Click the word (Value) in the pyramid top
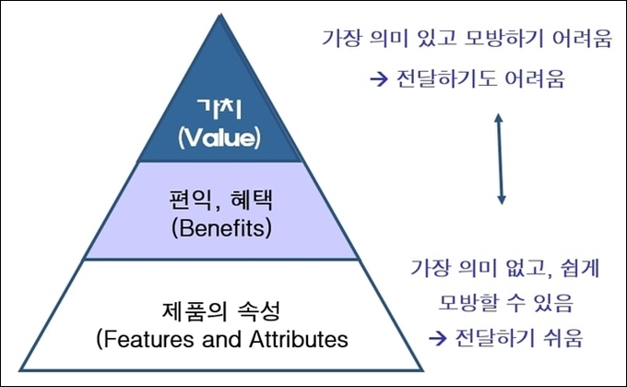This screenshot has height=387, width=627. click(x=219, y=138)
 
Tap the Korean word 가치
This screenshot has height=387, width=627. click(x=220, y=108)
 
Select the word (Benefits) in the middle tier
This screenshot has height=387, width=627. click(x=221, y=228)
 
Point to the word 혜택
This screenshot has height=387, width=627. click(x=253, y=200)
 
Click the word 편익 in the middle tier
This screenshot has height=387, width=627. click(x=190, y=200)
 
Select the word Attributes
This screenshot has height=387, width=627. click(x=299, y=339)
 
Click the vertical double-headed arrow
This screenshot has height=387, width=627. click(x=500, y=159)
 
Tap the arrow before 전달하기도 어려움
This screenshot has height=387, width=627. click(x=379, y=79)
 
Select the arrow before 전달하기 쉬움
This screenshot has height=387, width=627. click(x=437, y=339)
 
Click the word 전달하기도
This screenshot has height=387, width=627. click(x=446, y=79)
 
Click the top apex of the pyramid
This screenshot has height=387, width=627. click(x=220, y=15)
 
